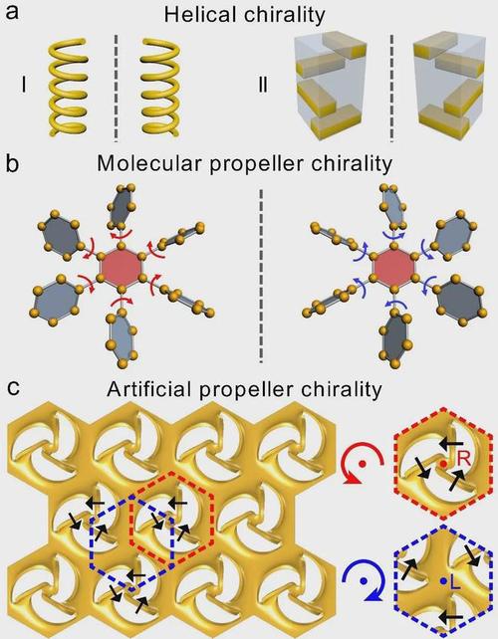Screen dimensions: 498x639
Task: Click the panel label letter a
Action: pos(13,11)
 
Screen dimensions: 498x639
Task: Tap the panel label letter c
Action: pos(14,387)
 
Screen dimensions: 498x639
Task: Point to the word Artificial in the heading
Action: pos(149,389)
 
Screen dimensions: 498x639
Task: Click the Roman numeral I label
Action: pos(24,86)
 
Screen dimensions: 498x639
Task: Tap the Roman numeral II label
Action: pos(264,86)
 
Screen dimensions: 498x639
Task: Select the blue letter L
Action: pos(455,584)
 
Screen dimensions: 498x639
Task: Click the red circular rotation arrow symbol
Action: pos(363,464)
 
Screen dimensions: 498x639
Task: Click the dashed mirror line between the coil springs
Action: pos(117,88)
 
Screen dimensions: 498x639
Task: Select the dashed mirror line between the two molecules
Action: pos(261,275)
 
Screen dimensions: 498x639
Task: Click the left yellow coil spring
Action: pos(68,87)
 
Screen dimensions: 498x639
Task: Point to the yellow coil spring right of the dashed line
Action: pos(160,87)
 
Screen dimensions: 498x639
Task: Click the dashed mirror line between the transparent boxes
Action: pos(392,88)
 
